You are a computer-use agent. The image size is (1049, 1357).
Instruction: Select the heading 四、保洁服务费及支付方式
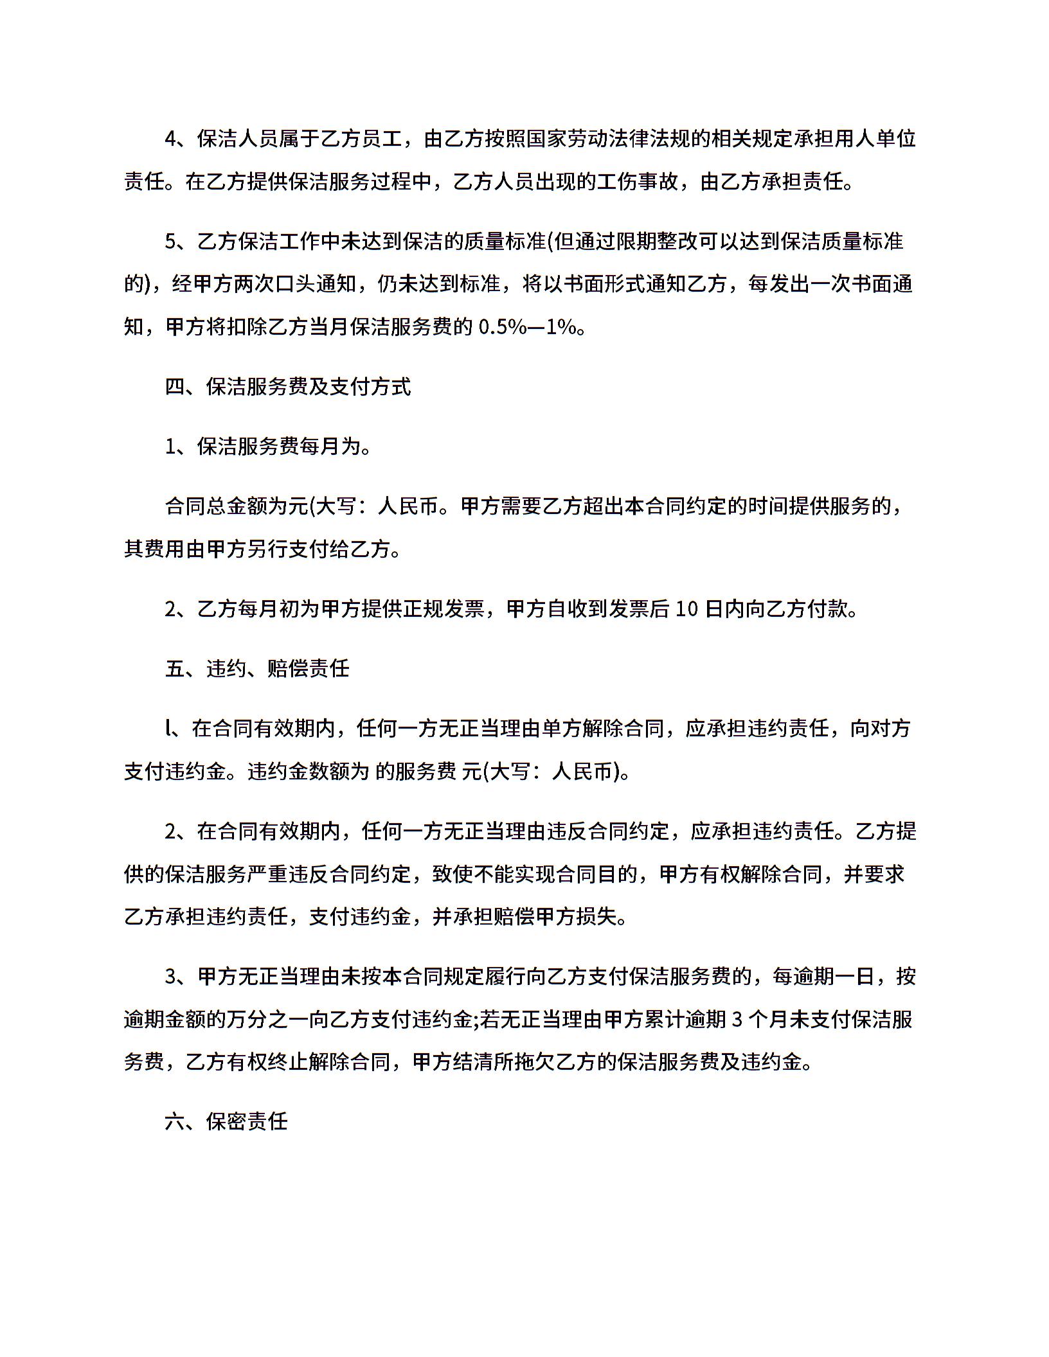[288, 387]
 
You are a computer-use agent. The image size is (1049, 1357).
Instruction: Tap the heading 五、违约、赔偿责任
[257, 669]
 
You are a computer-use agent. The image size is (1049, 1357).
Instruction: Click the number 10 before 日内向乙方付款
[687, 609]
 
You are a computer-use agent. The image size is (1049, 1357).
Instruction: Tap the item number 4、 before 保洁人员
[175, 139]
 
